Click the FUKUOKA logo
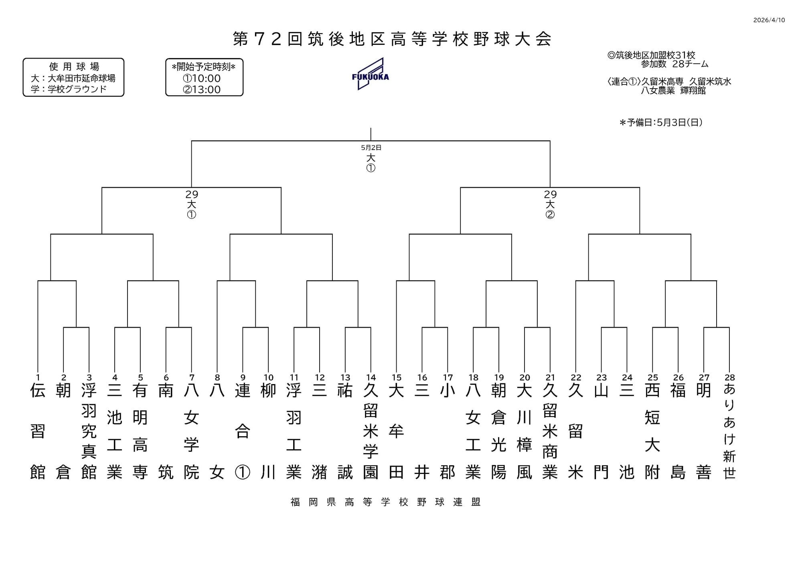370,74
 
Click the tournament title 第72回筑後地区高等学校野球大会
392,39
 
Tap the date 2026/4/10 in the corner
769,20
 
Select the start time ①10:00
202,78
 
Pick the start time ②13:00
202,89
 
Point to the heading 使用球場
74,67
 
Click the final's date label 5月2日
371,148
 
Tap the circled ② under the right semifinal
550,215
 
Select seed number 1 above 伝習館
38,377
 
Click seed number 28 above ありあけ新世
729,377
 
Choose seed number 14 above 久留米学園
371,377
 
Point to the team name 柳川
268,431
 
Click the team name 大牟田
396,431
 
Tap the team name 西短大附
652,431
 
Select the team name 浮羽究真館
89,431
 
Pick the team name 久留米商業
550,431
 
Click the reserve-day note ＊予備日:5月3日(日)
660,123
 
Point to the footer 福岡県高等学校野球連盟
385,502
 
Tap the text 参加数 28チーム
674,64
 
